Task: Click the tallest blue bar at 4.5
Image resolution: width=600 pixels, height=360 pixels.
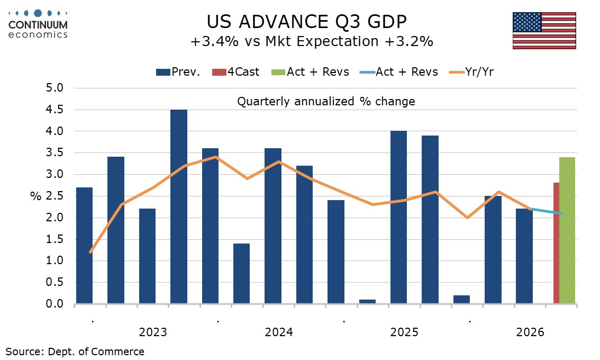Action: [x=179, y=206]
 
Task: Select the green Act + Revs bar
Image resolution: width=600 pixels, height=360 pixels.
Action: [x=567, y=230]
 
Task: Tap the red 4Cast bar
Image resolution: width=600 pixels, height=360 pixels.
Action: [x=557, y=243]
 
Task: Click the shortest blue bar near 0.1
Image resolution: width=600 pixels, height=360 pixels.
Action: [x=367, y=301]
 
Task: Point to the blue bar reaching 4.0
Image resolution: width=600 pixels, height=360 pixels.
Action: [x=399, y=217]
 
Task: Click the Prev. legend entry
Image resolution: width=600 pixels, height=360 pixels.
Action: [x=178, y=71]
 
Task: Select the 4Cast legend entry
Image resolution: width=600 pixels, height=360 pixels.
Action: [x=236, y=71]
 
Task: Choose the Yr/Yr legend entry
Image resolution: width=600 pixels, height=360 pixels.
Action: [x=471, y=71]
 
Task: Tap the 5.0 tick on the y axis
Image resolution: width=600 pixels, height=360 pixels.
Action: [x=54, y=88]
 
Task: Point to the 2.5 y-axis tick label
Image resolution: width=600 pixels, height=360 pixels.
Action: [x=54, y=196]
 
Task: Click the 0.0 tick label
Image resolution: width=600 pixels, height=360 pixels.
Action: [x=54, y=304]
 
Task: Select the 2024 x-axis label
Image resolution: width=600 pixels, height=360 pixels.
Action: [x=278, y=332]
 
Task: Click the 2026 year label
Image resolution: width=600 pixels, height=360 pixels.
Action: [x=530, y=332]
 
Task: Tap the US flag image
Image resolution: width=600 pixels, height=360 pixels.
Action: [x=544, y=31]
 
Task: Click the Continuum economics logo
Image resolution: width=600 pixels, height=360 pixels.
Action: [x=38, y=24]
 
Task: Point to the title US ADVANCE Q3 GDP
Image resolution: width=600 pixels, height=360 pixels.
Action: [x=306, y=22]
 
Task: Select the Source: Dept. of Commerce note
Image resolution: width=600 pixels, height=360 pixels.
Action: [x=75, y=352]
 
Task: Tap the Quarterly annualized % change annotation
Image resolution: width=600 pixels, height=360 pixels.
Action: [x=326, y=102]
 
